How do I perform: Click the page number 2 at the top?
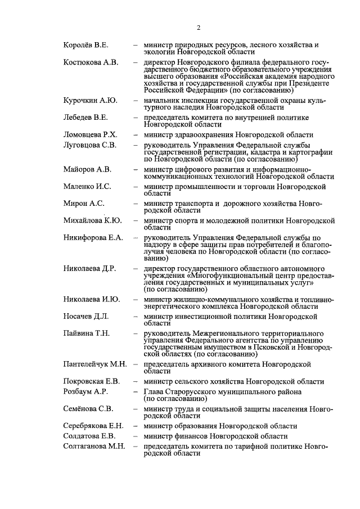click(x=199, y=28)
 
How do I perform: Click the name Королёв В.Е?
click(x=86, y=44)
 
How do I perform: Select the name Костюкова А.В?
click(x=91, y=62)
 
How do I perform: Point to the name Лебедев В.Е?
click(x=85, y=118)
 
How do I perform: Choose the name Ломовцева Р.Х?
click(x=90, y=135)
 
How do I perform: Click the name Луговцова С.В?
click(x=90, y=145)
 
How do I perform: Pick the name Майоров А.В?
click(x=88, y=169)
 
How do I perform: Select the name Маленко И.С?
click(x=87, y=186)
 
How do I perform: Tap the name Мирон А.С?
click(x=84, y=204)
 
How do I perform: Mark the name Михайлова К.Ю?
click(x=92, y=221)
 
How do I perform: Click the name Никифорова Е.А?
click(x=93, y=238)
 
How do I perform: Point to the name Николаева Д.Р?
click(x=90, y=269)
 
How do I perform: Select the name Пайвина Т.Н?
click(x=87, y=334)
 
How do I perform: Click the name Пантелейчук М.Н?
click(x=95, y=364)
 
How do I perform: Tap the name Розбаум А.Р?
click(x=85, y=391)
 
